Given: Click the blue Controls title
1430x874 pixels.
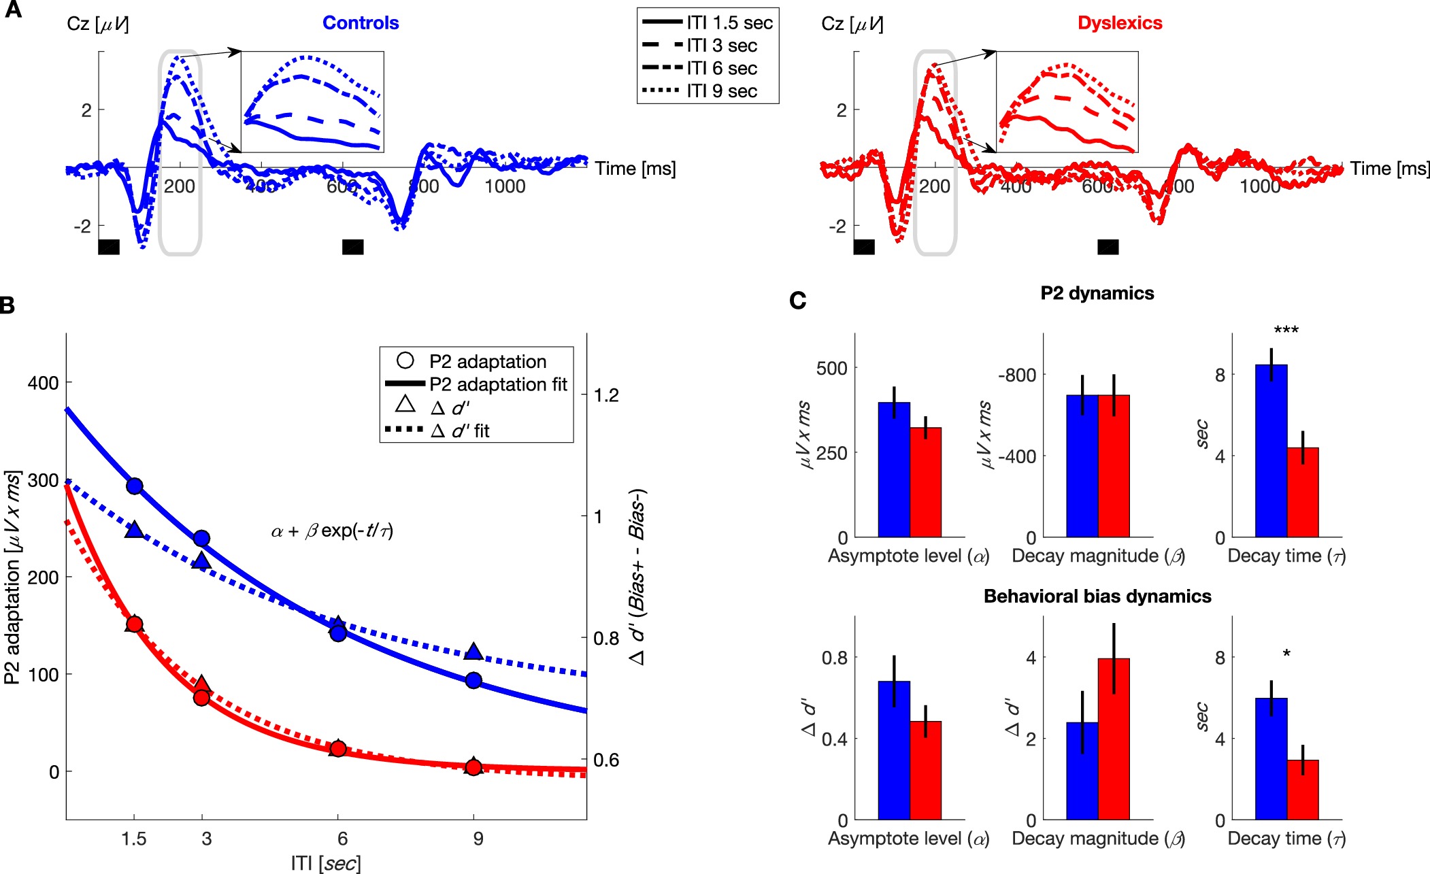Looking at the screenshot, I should point(361,23).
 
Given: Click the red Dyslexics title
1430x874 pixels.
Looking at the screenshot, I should point(1120,23).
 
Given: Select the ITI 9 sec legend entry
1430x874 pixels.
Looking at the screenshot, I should point(721,91).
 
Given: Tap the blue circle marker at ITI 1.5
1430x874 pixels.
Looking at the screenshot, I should point(135,486).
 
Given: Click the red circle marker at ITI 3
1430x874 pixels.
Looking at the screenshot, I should point(201,697).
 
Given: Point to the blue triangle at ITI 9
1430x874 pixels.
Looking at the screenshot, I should point(473,652).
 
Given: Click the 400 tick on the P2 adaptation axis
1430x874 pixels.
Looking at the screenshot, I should point(43,383).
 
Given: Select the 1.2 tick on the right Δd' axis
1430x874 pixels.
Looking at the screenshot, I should point(607,395).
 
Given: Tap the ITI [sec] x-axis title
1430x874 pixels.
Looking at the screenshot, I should point(326,863).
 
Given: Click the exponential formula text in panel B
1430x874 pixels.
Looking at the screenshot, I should point(332,531).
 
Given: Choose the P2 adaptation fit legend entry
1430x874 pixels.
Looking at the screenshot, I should point(498,385).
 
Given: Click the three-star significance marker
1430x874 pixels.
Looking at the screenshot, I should point(1286,331).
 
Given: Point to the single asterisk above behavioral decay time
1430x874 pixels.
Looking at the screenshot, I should point(1286,654).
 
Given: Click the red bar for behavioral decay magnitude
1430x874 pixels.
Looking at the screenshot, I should point(1114,739).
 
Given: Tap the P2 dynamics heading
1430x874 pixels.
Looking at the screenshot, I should point(1097,293).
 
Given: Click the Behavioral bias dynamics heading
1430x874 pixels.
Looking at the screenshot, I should point(1097,596).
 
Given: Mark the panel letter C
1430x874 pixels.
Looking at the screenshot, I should point(797,300).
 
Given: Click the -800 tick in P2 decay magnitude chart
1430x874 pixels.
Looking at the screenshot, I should point(1016,375).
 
